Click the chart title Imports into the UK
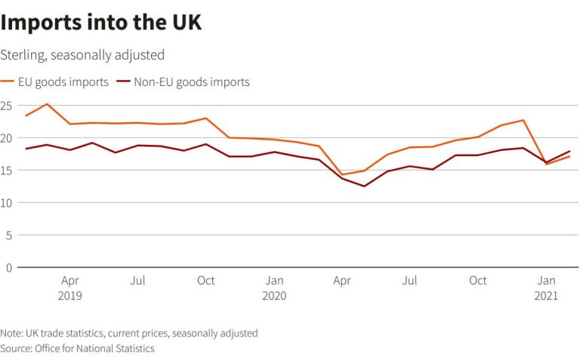click(x=101, y=23)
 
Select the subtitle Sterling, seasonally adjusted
click(x=82, y=55)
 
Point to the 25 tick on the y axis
click(x=8, y=106)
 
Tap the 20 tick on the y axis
click(x=8, y=138)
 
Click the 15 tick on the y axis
click(x=8, y=171)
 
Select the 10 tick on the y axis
click(x=8, y=203)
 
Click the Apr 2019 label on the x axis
click(x=70, y=288)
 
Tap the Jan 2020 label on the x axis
click(x=274, y=288)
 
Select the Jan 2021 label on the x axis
click(x=546, y=288)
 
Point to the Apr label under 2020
click(x=342, y=281)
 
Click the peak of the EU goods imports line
click(x=48, y=104)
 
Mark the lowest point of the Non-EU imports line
click(x=365, y=186)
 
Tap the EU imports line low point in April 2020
click(x=342, y=174)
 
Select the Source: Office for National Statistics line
click(x=77, y=349)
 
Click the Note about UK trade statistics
click(x=129, y=333)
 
